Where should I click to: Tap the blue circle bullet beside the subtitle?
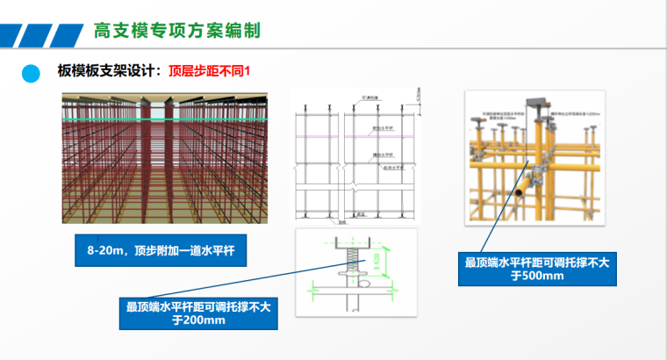tap(32, 73)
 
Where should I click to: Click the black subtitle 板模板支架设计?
tap(108, 69)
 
